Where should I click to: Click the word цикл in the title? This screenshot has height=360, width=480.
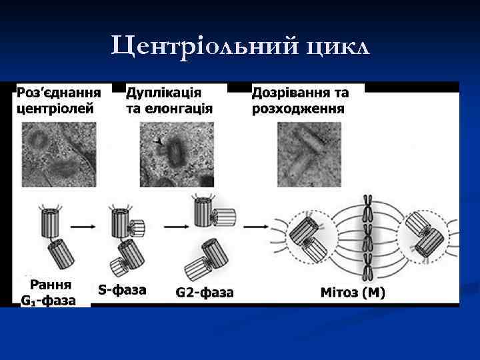(x=337, y=48)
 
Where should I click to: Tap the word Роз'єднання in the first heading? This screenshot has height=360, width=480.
(x=59, y=92)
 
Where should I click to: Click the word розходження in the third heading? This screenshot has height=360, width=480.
(x=298, y=109)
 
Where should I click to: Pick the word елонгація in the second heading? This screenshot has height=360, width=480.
(x=179, y=109)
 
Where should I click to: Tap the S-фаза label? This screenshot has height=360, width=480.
(x=122, y=289)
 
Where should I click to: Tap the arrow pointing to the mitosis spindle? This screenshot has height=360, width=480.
(x=255, y=227)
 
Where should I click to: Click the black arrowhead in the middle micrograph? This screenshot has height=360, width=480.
(x=158, y=141)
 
